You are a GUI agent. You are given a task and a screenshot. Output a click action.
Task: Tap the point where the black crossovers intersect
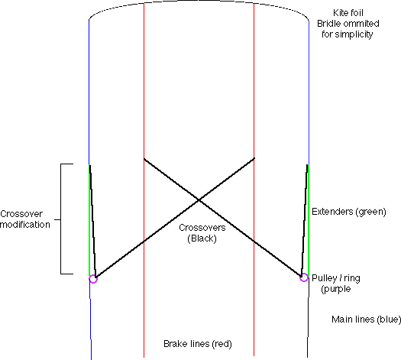[199, 199]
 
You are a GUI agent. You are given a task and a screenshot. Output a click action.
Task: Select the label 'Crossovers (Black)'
[202, 233]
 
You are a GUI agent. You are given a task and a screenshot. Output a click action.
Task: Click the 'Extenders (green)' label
[349, 212]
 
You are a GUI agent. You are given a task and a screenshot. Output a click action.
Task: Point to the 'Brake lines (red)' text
[198, 344]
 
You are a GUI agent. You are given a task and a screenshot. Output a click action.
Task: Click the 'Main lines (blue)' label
[366, 319]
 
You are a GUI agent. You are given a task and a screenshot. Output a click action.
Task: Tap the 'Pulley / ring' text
[336, 278]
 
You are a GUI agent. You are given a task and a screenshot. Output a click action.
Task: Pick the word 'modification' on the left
[25, 225]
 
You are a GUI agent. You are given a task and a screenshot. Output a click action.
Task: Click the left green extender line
[89, 220]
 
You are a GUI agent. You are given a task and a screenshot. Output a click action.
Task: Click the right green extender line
[309, 220]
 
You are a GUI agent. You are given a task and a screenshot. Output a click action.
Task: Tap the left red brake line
[144, 180]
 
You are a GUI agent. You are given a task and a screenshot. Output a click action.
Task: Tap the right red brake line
[254, 179]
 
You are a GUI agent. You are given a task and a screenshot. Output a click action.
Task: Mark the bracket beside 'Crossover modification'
[61, 219]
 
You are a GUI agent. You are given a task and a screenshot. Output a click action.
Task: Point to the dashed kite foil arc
[199, 1]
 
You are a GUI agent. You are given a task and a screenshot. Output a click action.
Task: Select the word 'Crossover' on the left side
[21, 214]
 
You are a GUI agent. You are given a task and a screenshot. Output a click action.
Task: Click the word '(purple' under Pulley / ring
[336, 289]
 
